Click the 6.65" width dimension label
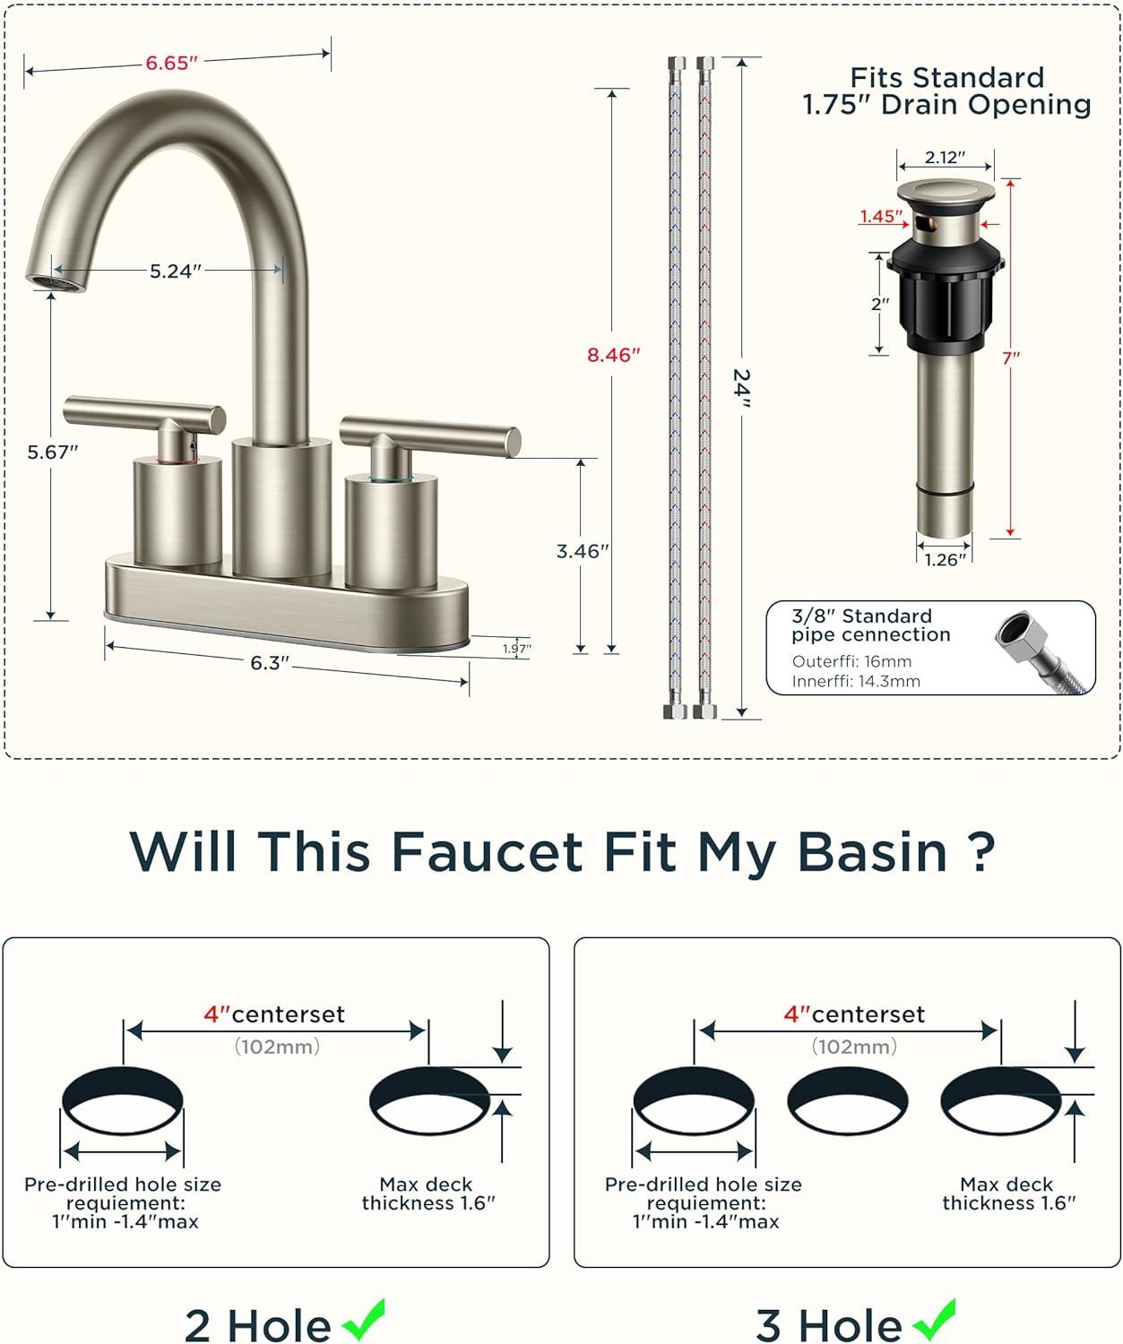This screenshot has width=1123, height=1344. [x=171, y=63]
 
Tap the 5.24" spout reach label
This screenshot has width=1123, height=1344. [x=176, y=271]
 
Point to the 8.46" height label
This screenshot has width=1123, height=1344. [x=614, y=355]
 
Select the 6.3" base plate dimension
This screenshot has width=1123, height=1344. [x=270, y=663]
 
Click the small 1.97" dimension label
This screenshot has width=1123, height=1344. [x=517, y=648]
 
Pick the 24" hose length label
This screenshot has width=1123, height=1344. [x=742, y=388]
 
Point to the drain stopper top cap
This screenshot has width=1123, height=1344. [x=946, y=192]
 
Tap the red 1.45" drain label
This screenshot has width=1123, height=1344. [x=882, y=216]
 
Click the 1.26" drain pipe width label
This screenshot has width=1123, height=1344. [x=946, y=560]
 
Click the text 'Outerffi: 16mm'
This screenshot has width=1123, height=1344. [x=851, y=661]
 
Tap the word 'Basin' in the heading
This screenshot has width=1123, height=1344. [x=872, y=852]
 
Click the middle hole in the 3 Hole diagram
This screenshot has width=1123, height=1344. [x=847, y=1101]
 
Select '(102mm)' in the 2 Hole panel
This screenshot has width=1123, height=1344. [x=277, y=1046]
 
